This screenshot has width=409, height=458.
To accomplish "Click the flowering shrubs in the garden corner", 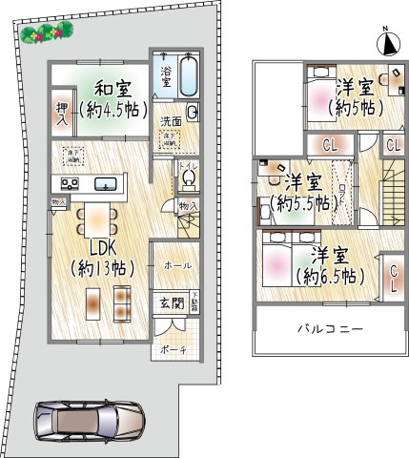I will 45,33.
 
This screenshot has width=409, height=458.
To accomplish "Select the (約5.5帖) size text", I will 301,203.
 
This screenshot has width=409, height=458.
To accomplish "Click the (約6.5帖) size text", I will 330,277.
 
